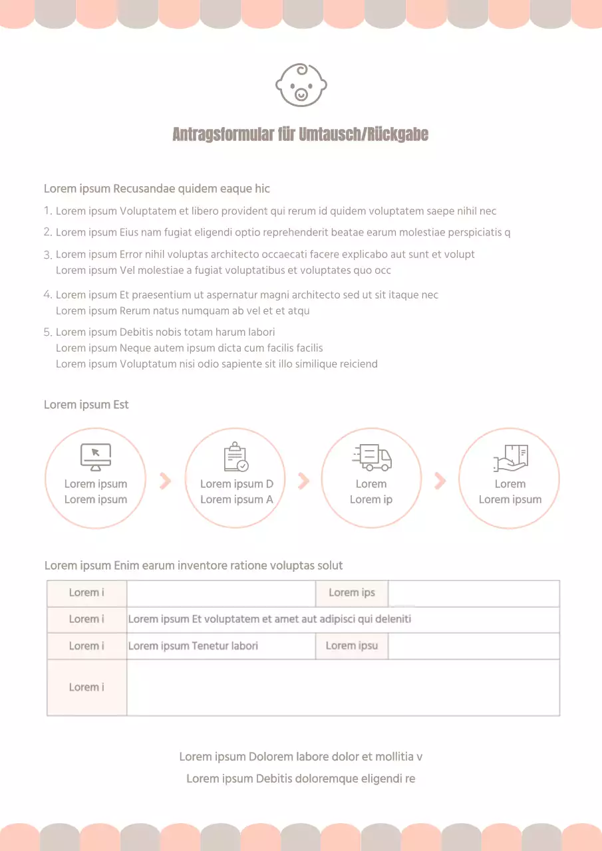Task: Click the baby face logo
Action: tap(301, 85)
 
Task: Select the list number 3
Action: tap(47, 255)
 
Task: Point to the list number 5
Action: tap(47, 332)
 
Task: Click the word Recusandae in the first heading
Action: tap(144, 189)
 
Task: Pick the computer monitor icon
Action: tap(96, 457)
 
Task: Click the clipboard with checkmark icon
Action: tap(235, 457)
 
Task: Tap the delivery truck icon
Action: tap(372, 457)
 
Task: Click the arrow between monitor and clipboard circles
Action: tap(166, 480)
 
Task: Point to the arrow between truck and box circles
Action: tap(440, 480)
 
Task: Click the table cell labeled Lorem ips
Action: tap(352, 593)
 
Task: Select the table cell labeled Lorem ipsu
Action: tap(352, 646)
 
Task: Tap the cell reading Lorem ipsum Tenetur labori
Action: tap(193, 646)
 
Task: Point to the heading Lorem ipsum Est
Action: tap(86, 405)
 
